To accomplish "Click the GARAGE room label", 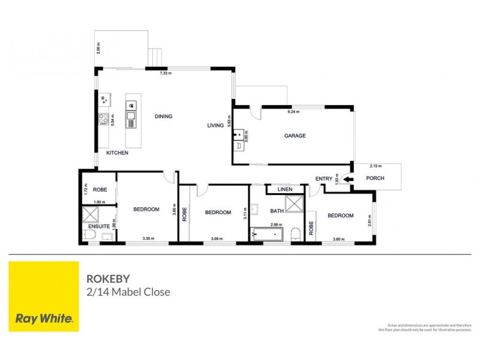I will point(295,136).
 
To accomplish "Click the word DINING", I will point(163,116).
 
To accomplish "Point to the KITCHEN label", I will point(117,153).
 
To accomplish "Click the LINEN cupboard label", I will point(284,190).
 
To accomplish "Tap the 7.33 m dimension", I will point(166,73).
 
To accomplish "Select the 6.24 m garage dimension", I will point(293,112).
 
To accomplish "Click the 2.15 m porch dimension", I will point(376,166).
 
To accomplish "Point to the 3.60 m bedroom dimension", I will point(340,239).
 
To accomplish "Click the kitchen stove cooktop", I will point(103,118).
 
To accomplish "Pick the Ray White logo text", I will point(44,319).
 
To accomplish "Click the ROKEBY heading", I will point(107,279).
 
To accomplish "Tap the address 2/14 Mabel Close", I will point(128,292).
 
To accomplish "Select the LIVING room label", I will point(215,125).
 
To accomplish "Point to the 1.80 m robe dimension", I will point(100,202).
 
